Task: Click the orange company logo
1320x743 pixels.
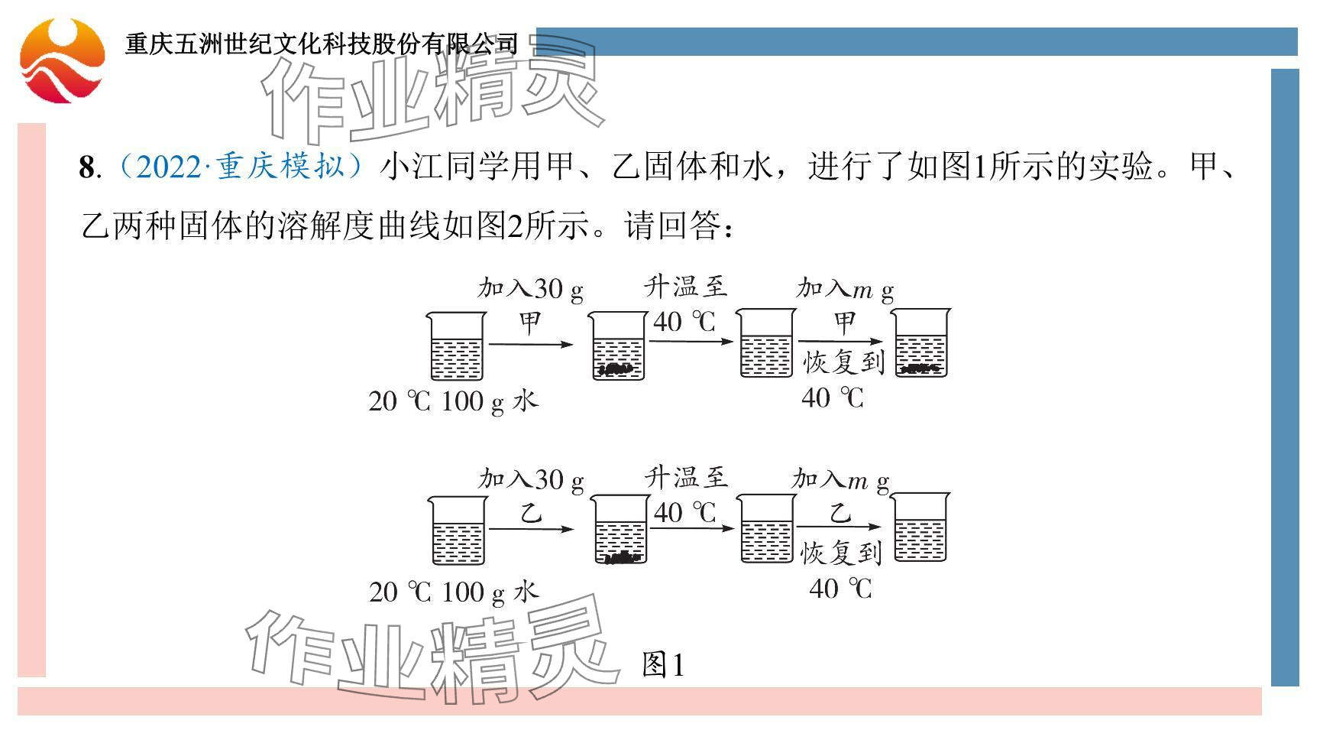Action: (62, 60)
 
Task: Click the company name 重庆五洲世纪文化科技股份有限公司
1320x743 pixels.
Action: (322, 44)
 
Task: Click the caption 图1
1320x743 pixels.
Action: (663, 664)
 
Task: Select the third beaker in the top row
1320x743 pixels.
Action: (766, 343)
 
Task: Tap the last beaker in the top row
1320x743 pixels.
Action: (921, 343)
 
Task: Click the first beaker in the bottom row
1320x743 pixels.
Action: (457, 530)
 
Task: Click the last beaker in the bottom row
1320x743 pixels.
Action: (921, 527)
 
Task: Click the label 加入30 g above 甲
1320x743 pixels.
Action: (530, 289)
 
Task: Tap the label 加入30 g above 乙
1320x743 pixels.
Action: (531, 480)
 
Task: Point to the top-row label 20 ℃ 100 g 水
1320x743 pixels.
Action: (453, 401)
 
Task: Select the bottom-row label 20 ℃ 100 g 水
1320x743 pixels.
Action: (453, 592)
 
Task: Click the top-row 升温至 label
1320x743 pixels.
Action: (685, 287)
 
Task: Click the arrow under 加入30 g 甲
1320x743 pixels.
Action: (530, 345)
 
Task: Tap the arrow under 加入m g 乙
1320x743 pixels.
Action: (838, 527)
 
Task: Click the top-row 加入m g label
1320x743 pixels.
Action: (844, 289)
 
